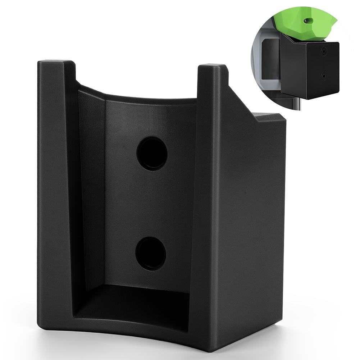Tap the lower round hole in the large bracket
[151, 254]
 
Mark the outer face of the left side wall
[54, 198]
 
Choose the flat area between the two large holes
[151, 203]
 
